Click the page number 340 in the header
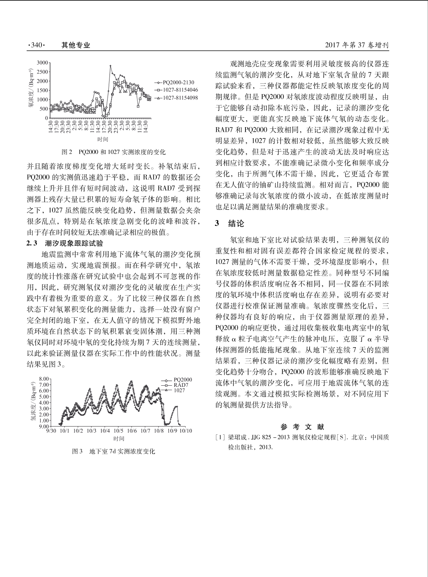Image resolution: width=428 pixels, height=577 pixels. [x=37, y=45]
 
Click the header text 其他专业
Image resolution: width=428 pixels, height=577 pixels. [x=76, y=45]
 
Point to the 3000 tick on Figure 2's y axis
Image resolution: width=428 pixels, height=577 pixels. [x=42, y=63]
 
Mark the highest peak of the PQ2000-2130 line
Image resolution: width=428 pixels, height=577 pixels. [x=110, y=66]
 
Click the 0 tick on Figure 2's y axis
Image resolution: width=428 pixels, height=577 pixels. [x=46, y=118]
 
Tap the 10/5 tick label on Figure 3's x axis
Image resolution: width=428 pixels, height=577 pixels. [x=118, y=431]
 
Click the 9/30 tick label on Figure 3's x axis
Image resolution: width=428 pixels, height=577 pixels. [x=51, y=431]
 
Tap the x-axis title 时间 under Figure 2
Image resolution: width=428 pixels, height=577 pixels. [x=103, y=139]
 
